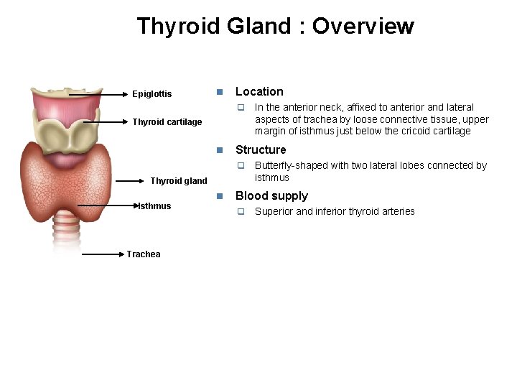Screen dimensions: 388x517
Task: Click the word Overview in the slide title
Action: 363,27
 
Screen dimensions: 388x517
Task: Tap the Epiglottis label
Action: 152,94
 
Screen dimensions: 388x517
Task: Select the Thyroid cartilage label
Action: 167,122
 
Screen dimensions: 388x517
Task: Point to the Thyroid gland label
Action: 179,181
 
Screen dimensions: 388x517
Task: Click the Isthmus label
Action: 155,206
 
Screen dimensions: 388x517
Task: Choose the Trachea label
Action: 144,254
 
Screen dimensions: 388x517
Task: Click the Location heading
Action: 259,92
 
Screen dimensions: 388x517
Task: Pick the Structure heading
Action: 261,150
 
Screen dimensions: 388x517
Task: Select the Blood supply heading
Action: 271,196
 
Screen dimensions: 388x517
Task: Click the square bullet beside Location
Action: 220,92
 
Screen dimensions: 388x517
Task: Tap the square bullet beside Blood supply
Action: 220,196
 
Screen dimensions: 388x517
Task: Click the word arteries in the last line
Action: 399,211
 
